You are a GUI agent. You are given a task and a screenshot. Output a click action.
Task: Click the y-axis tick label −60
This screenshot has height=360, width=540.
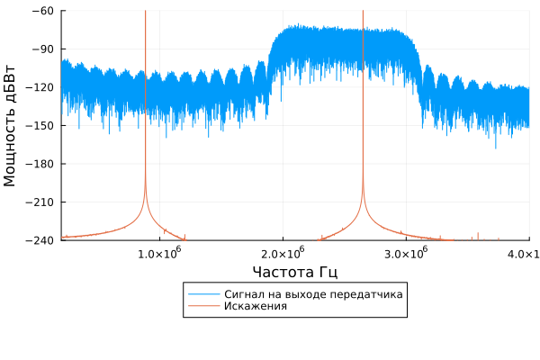[43, 11]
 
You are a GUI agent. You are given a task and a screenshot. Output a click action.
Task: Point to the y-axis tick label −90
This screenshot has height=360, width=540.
[43, 49]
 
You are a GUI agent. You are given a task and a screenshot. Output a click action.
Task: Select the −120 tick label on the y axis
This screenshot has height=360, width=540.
[40, 87]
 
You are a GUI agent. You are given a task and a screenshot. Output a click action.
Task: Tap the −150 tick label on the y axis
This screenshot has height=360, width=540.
[40, 125]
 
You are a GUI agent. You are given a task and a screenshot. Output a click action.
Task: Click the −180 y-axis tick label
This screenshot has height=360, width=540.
[40, 164]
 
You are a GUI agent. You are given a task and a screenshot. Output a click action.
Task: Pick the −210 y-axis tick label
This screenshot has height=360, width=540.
[40, 202]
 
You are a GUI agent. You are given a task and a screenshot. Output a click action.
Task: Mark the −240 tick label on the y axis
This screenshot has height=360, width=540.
[40, 240]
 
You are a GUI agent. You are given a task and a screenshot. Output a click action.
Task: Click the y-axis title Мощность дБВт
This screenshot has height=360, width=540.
[11, 125]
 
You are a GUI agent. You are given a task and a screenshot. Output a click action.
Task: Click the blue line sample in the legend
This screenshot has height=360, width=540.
[198, 294]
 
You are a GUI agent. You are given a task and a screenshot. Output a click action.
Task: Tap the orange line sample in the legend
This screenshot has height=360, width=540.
[198, 306]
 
